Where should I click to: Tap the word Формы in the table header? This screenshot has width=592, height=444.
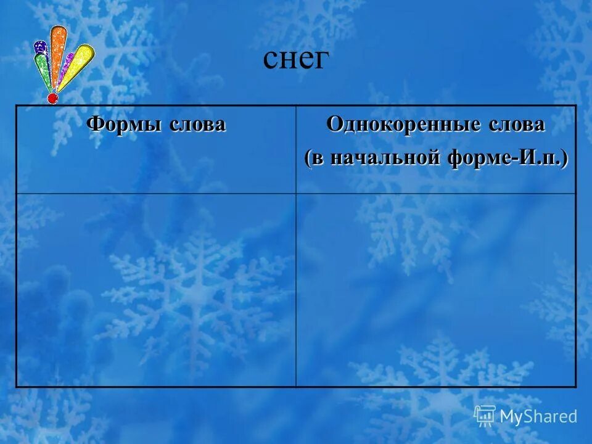[x=119, y=125]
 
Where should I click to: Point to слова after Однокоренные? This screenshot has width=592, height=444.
[x=515, y=125]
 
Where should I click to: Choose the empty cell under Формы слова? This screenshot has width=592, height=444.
[x=156, y=290]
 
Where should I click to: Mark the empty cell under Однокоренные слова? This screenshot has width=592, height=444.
[x=436, y=290]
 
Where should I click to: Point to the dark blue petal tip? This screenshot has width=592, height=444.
[x=41, y=47]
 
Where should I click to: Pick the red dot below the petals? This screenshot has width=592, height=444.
[x=52, y=97]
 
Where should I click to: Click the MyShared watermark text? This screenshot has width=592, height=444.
[x=538, y=416]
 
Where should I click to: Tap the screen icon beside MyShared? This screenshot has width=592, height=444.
[x=485, y=416]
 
